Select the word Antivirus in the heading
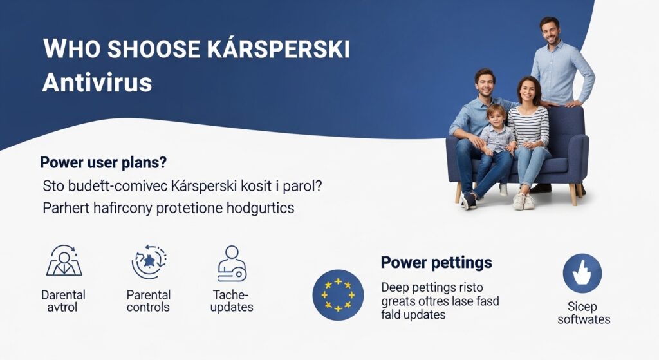click(x=97, y=83)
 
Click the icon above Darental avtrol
click(x=64, y=261)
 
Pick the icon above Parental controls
click(x=149, y=261)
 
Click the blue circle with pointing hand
click(x=582, y=273)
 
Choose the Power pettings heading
click(x=436, y=262)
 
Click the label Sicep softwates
click(x=584, y=314)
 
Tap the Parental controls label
click(x=148, y=301)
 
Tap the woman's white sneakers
click(x=524, y=201)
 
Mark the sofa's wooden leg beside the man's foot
click(x=459, y=192)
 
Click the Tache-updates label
click(x=232, y=301)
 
